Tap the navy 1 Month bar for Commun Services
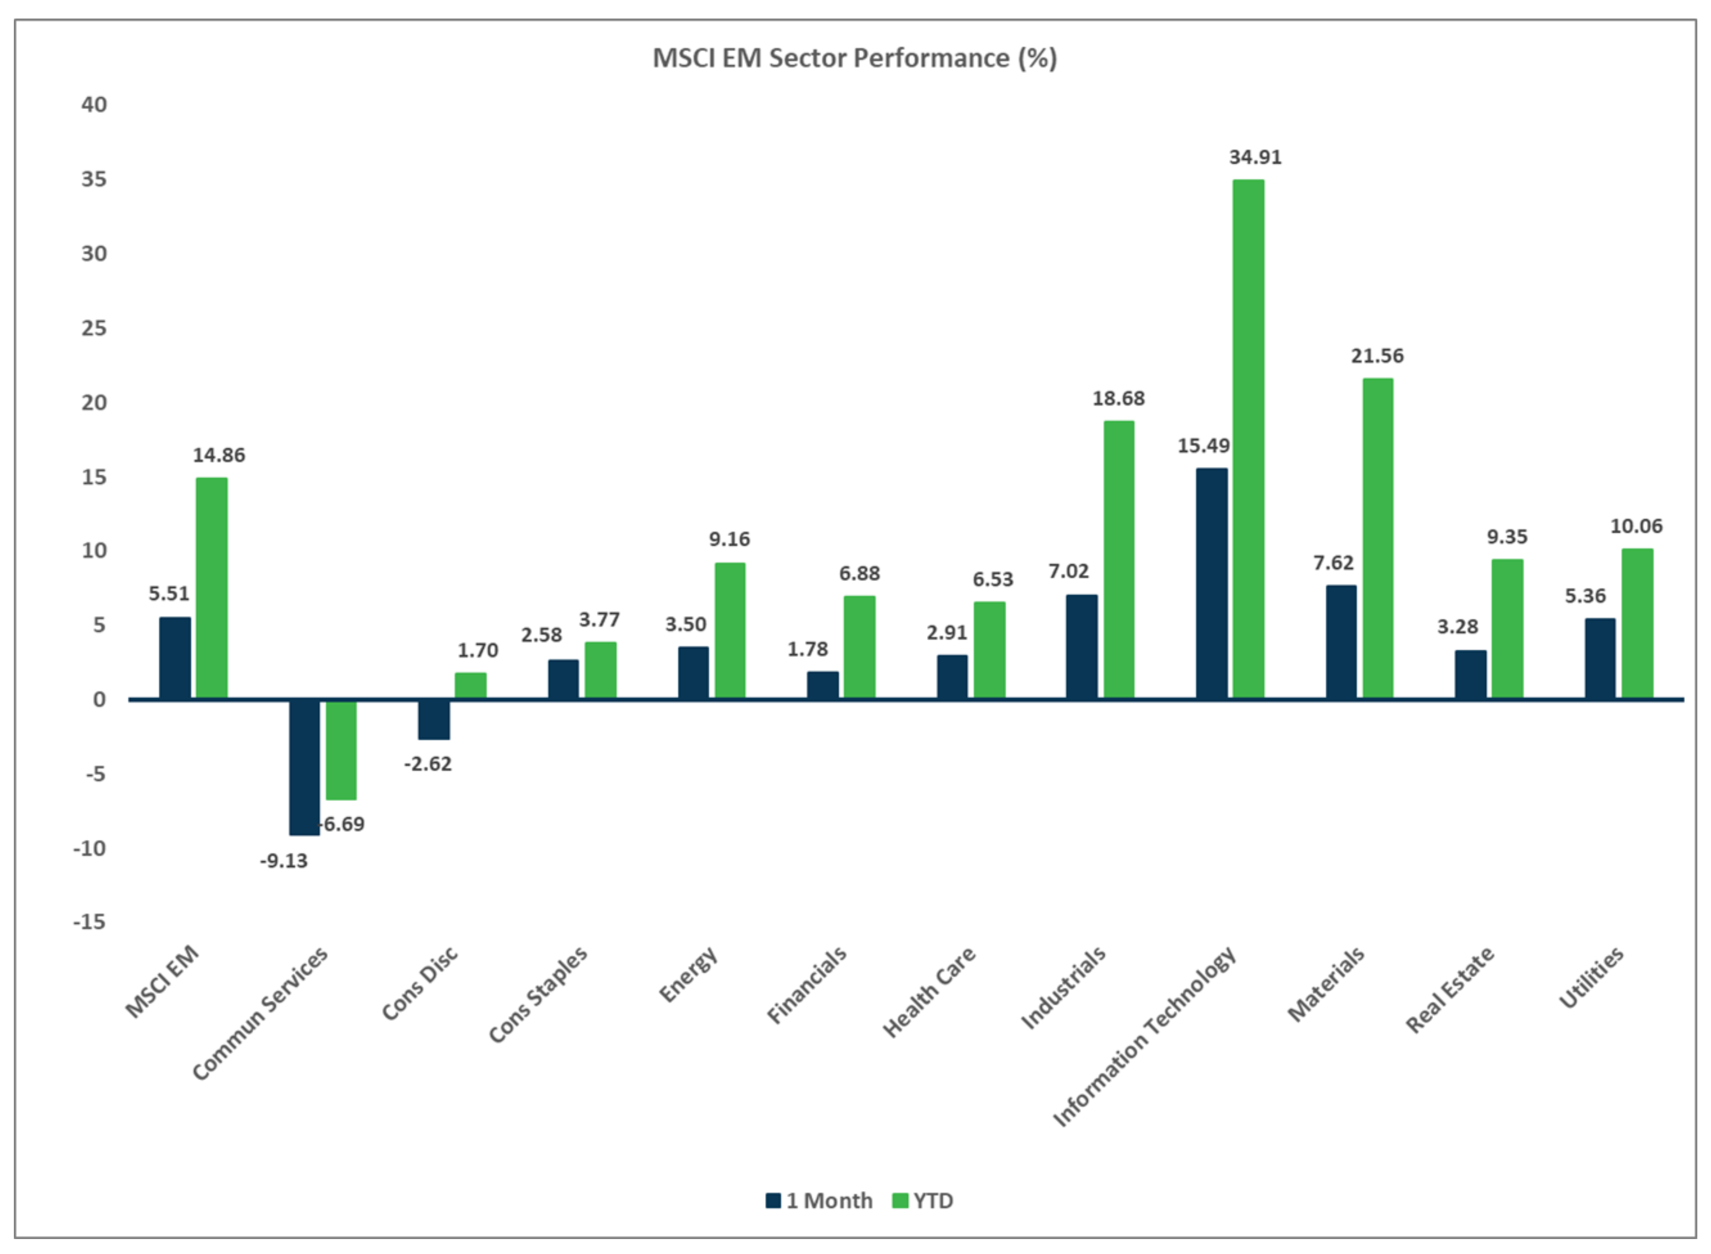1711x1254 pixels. coord(304,767)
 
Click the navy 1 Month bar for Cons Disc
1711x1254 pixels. coord(434,719)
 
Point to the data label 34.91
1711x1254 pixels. coord(1255,157)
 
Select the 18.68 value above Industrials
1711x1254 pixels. coord(1118,399)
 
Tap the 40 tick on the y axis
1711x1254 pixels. coord(94,105)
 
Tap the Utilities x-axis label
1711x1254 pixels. coord(1591,978)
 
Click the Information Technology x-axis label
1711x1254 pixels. coord(1145,1036)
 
